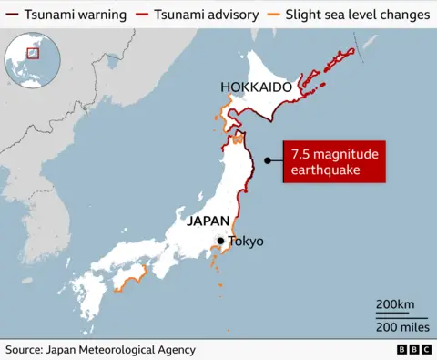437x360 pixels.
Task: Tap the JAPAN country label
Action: pyautogui.click(x=214, y=221)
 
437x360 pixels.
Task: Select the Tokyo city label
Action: pyautogui.click(x=245, y=242)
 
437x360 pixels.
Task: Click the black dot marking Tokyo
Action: pyautogui.click(x=219, y=242)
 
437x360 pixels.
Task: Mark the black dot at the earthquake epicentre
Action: pyautogui.click(x=268, y=161)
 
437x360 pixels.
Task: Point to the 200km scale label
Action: pyautogui.click(x=395, y=304)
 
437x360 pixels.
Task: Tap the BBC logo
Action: pyautogui.click(x=413, y=350)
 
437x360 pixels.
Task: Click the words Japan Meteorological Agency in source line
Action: pyautogui.click(x=126, y=350)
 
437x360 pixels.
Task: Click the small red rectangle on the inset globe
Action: pyautogui.click(x=35, y=53)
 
